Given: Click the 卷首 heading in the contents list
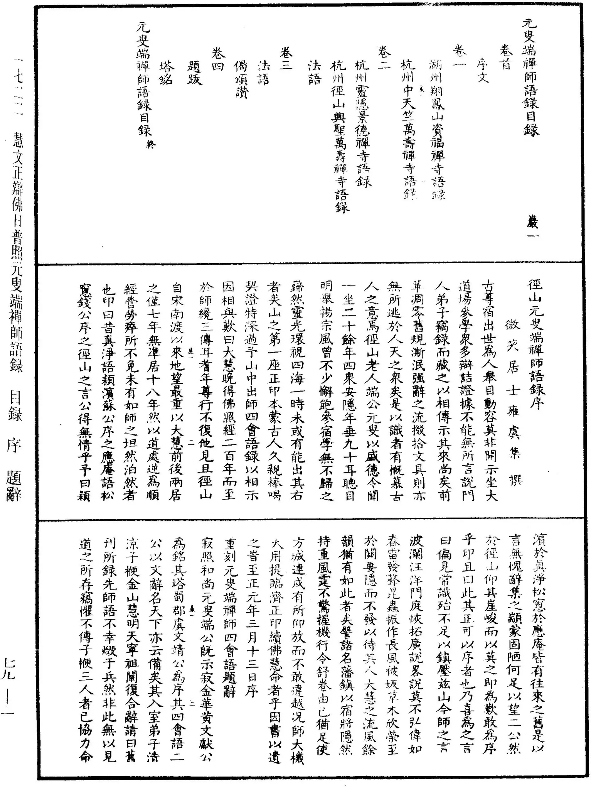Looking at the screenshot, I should click(505, 57).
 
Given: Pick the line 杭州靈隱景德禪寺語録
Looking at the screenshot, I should click(362, 123).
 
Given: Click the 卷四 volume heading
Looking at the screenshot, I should click(218, 58).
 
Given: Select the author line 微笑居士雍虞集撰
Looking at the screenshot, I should click(513, 386).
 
